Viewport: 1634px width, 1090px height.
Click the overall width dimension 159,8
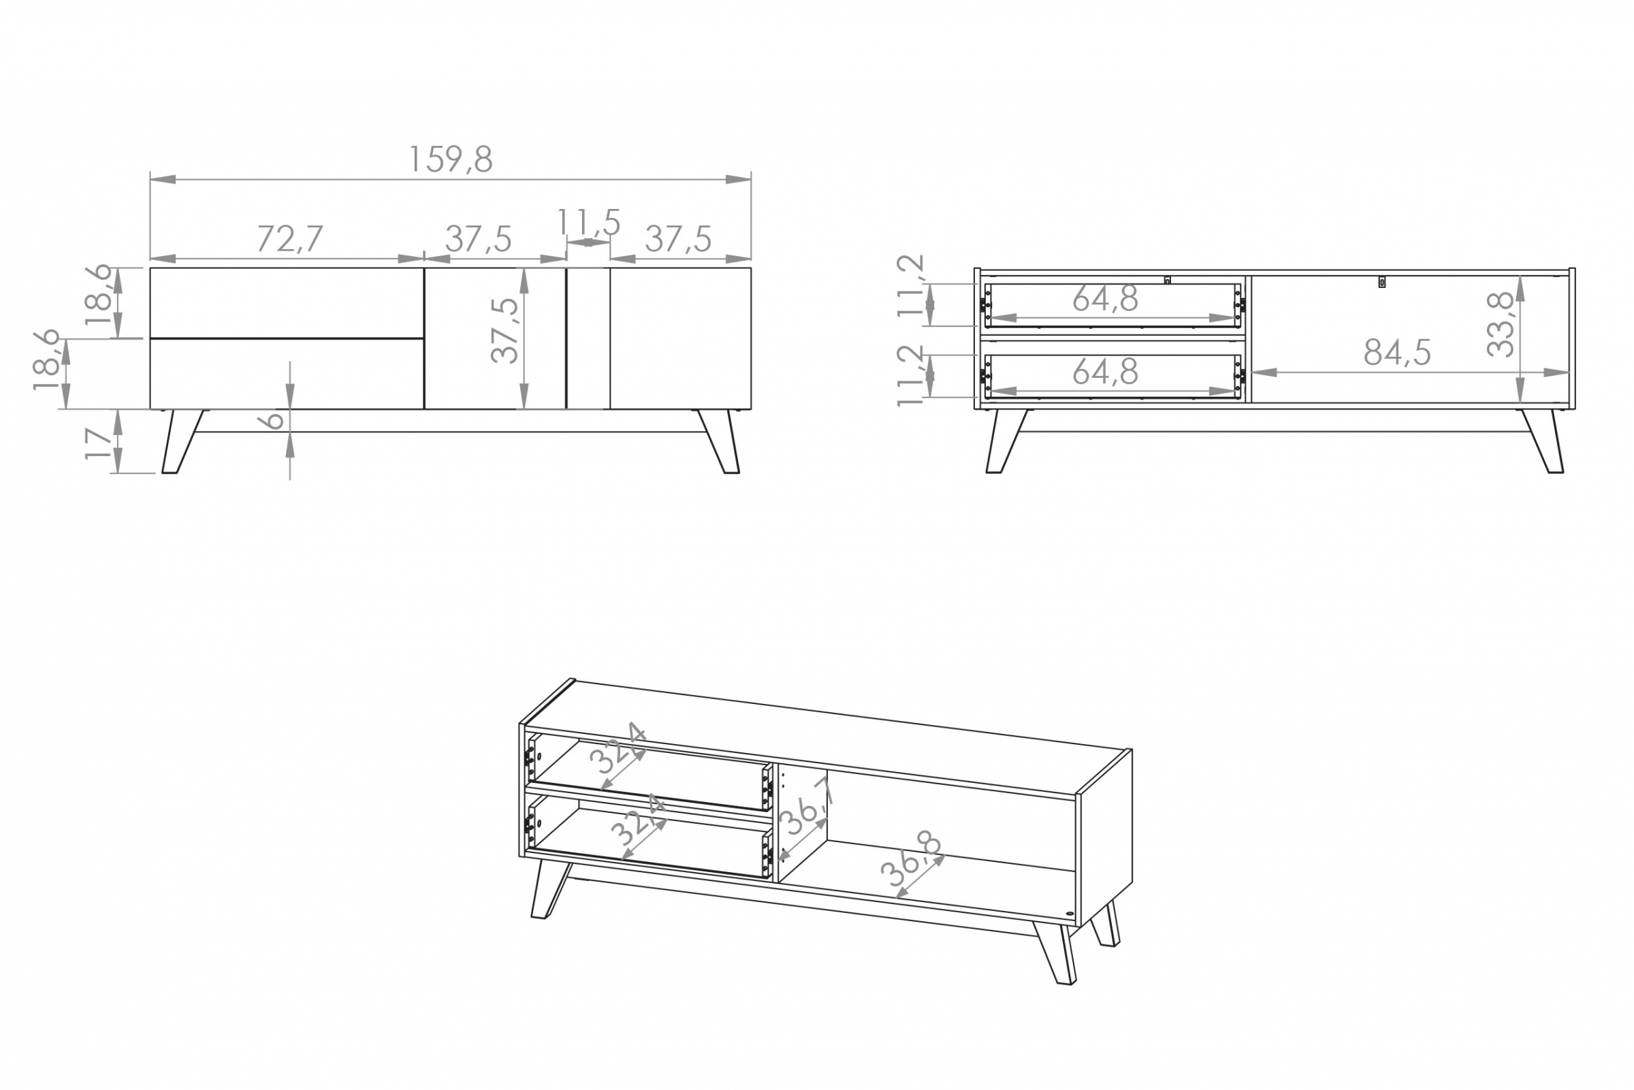451,159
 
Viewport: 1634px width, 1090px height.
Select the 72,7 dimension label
290,238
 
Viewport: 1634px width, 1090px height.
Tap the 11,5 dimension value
588,223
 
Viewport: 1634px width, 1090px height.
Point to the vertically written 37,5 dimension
504,330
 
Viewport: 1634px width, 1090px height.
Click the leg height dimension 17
98,443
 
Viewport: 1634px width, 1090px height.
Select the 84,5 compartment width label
1397,353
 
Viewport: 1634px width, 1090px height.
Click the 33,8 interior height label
1501,324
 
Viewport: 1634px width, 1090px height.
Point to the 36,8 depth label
911,858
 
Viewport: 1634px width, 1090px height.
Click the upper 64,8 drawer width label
1105,299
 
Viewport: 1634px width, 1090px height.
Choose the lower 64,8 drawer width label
1105,371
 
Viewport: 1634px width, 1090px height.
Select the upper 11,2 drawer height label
910,286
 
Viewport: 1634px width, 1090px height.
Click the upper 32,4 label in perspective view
619,749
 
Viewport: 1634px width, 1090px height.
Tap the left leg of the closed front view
180,441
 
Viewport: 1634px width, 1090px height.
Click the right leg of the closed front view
720,441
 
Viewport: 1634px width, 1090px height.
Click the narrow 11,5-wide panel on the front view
588,338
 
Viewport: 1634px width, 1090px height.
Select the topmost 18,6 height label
98,295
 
